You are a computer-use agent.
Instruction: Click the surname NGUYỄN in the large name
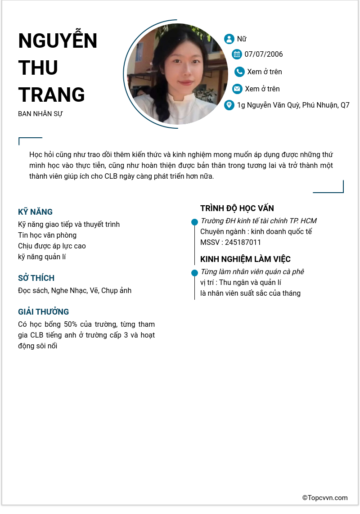click(58, 41)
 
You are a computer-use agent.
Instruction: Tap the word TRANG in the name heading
click(51, 95)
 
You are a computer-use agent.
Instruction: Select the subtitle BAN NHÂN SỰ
click(40, 114)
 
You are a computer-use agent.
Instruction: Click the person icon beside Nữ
click(229, 39)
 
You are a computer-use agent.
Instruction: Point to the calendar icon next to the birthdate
click(237, 54)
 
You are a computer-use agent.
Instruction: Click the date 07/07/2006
click(264, 54)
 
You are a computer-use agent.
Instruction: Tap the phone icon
click(239, 72)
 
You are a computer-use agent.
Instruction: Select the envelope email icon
click(237, 89)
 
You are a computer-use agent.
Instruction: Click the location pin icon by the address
click(229, 105)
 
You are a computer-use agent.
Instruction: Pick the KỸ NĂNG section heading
click(35, 212)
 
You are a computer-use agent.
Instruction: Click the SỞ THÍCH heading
click(36, 278)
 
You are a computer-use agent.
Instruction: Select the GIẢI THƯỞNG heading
click(43, 312)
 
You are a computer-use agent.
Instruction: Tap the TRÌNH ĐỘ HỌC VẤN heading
click(237, 208)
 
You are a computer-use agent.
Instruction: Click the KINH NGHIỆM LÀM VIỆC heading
click(245, 259)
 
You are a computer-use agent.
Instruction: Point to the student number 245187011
click(243, 243)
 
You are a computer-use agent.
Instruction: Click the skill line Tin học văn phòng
click(47, 235)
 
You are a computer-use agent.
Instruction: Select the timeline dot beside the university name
click(194, 222)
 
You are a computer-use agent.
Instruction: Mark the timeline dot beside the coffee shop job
click(194, 273)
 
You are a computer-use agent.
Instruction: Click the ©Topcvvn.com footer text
click(325, 498)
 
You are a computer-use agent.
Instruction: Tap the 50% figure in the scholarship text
click(71, 325)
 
